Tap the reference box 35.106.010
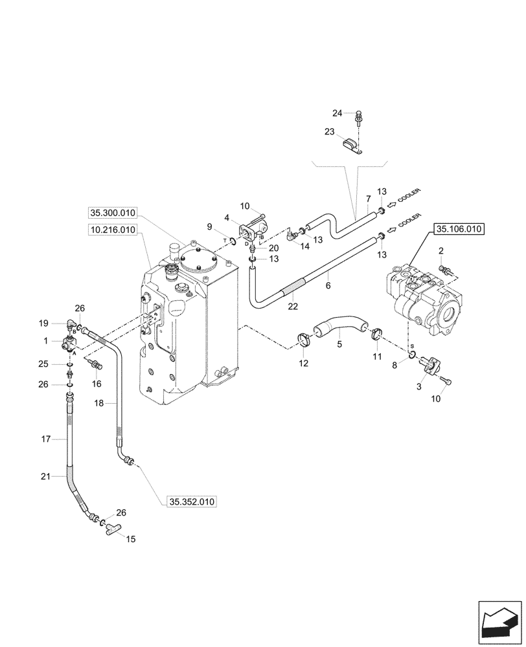pyautogui.click(x=459, y=228)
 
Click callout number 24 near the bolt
pyautogui.click(x=337, y=113)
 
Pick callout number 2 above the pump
pyautogui.click(x=441, y=250)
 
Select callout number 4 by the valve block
pyautogui.click(x=228, y=217)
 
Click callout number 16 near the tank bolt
pyautogui.click(x=97, y=384)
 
